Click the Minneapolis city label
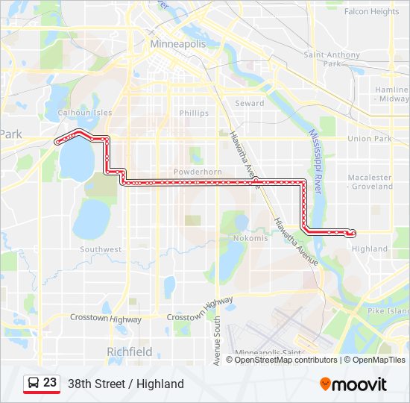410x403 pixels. (177, 44)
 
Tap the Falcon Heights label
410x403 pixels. (372, 12)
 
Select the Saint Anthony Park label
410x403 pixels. (332, 59)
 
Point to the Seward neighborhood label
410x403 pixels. (250, 104)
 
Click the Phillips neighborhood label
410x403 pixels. (194, 113)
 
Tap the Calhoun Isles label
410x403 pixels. (85, 113)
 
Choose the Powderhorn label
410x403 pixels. (198, 172)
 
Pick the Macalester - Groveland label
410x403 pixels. (370, 182)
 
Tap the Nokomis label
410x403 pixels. (250, 238)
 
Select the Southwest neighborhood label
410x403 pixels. (101, 249)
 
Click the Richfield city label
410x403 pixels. (130, 352)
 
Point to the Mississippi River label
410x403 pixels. (315, 160)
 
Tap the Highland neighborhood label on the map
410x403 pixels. (370, 249)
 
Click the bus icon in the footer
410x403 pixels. (34, 384)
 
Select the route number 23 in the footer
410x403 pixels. (50, 383)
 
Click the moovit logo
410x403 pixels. (353, 384)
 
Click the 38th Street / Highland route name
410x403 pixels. (125, 384)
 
